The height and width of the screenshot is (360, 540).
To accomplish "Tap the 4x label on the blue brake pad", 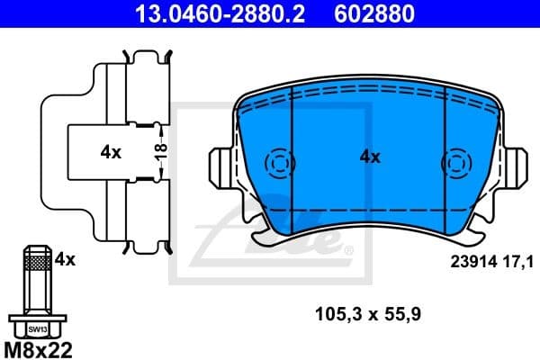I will coord(370,157).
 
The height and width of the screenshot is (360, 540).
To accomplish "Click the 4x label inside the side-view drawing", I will coord(111,153).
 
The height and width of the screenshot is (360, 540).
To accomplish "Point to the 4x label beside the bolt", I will coord(64,259).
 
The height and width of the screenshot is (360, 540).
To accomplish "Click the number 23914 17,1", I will coord(491,261).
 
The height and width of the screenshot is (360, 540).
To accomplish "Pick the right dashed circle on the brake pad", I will coord(454,164).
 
